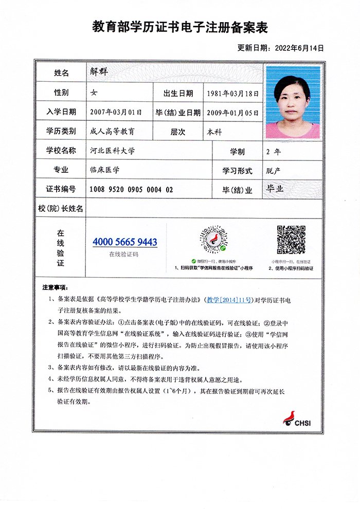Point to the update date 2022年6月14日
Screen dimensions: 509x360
299,48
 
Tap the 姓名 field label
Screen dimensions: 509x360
61,73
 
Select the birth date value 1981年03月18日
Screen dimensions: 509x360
232,94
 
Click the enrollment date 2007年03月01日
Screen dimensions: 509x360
115,112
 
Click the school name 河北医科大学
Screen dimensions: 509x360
112,151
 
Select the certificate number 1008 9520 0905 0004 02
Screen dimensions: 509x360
131,190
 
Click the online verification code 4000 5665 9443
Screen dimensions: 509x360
125,242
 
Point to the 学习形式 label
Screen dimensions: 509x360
237,170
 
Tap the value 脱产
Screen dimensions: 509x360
273,170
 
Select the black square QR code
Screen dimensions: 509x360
292,240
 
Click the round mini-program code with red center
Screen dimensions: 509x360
213,240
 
